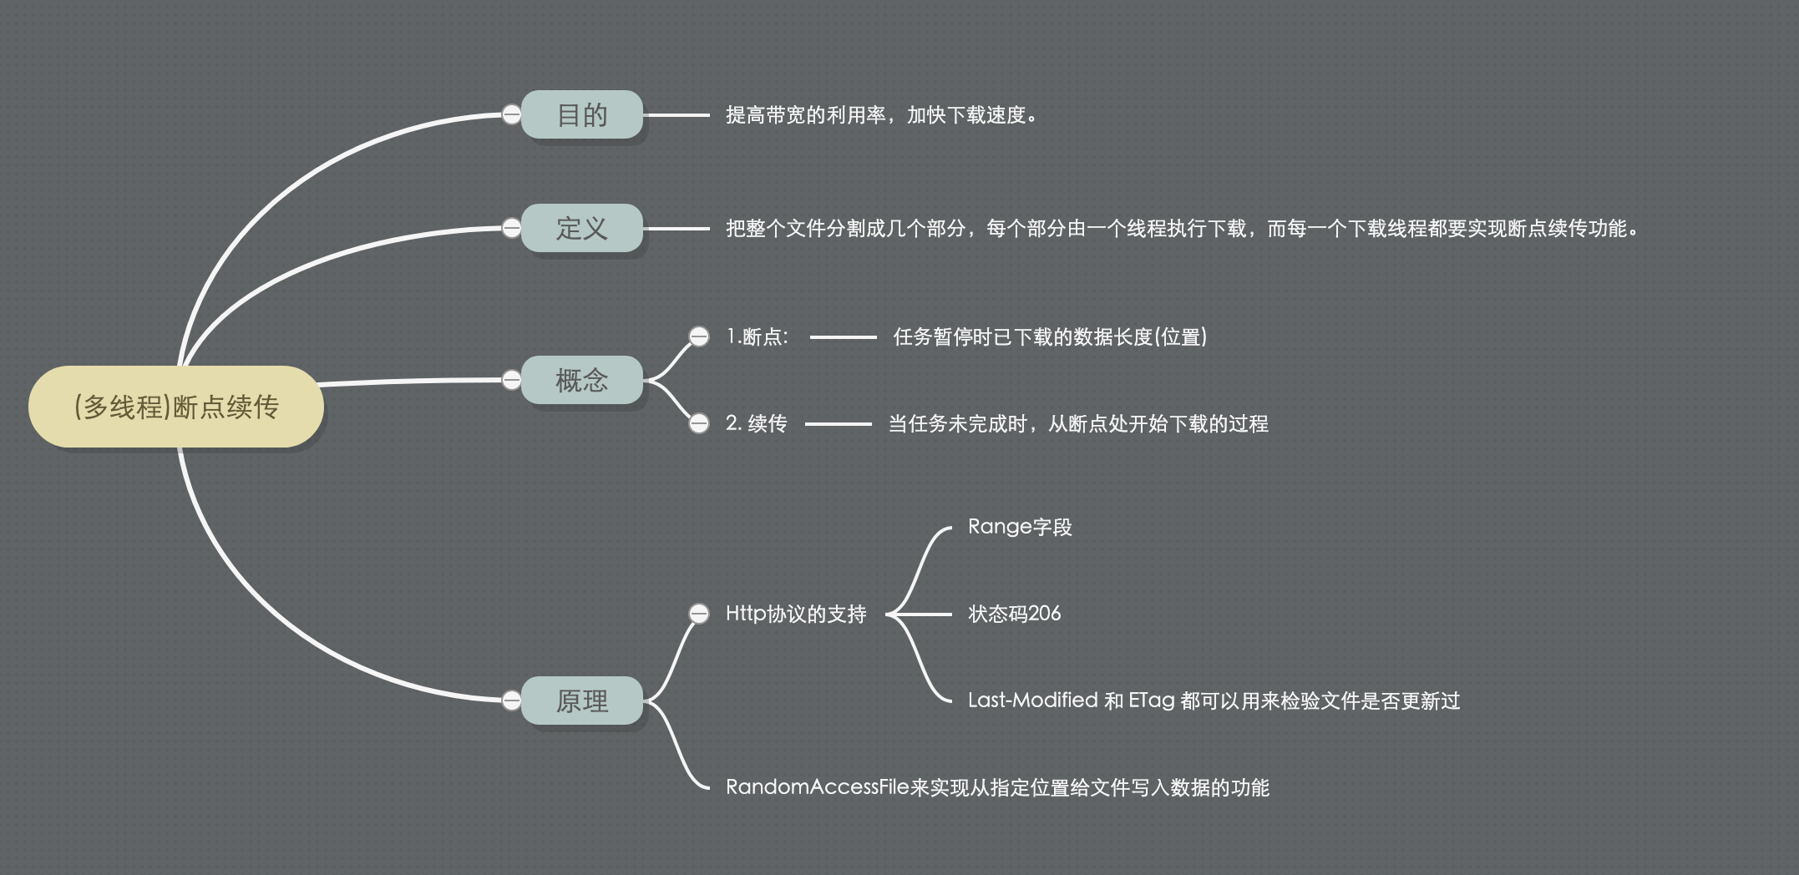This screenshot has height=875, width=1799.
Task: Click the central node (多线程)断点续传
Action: coord(176,407)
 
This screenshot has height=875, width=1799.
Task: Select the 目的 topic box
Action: coord(582,114)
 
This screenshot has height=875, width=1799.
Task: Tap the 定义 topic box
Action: coord(582,228)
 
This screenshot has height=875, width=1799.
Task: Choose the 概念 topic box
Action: coord(582,380)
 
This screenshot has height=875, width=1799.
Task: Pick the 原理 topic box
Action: coord(582,701)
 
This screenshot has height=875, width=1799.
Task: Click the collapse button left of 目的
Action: coord(511,114)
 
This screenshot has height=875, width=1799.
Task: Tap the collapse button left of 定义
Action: coord(511,228)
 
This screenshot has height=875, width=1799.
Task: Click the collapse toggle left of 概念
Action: coord(511,380)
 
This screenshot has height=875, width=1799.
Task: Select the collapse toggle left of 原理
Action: coord(511,701)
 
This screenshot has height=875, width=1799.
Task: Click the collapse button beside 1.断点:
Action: coord(699,336)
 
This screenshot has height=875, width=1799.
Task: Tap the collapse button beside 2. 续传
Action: coord(699,423)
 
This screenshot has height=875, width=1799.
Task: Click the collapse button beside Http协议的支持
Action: coord(699,614)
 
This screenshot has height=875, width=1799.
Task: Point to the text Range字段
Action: coord(1020,527)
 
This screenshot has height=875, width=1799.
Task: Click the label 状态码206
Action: coord(1015,614)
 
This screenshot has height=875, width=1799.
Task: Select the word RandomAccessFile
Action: coord(817,787)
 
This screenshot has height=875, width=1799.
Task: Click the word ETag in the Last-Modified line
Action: coord(1152,701)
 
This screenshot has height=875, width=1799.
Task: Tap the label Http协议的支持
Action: coord(796,614)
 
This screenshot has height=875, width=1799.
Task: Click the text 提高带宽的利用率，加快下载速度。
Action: coord(882,115)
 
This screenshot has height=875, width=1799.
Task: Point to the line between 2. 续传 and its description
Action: coord(839,424)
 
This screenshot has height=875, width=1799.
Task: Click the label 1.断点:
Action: coord(758,336)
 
